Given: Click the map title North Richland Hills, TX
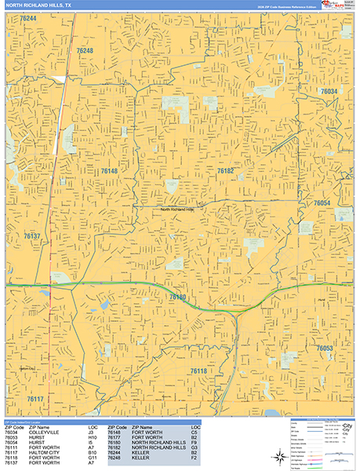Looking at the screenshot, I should point(37,5).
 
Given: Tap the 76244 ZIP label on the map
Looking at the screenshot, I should point(28,17).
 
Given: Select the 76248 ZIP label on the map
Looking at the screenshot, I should point(85,50).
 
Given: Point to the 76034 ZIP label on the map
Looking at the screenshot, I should point(329,92).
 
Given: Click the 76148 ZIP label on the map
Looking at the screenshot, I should point(108,170).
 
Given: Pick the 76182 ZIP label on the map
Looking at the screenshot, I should point(226,170).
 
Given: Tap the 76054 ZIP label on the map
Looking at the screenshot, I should point(322,203).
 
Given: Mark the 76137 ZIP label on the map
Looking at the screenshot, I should point(32,235).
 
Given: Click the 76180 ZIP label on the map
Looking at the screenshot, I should point(177,298).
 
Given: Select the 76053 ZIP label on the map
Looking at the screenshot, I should point(325,347).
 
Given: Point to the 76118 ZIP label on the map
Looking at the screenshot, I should point(198,370).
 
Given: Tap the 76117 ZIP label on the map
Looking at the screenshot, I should point(35,399).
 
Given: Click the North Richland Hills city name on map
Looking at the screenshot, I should point(182,210).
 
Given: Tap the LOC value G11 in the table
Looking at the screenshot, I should point(92,458).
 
